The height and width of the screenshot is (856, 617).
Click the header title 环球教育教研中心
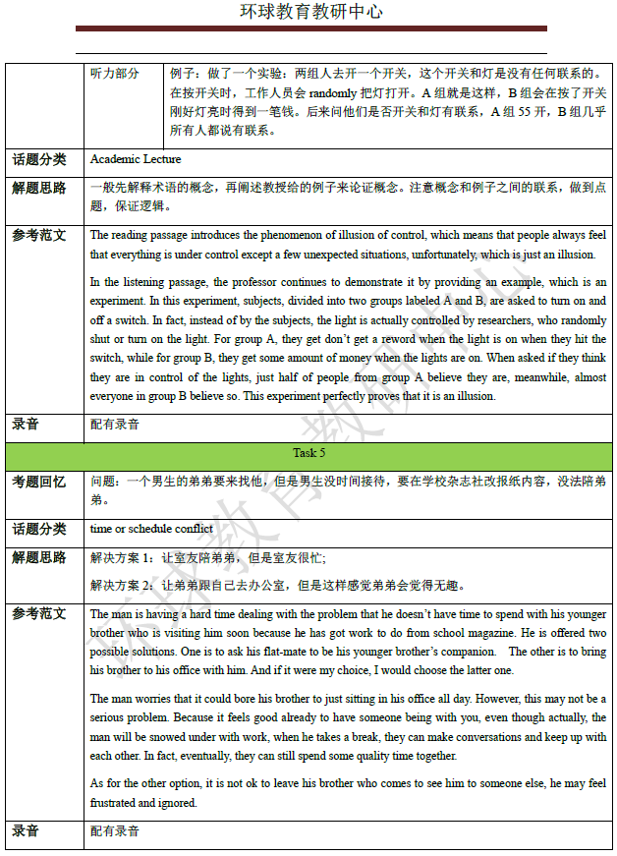click(311, 12)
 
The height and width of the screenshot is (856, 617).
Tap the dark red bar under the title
click(311, 29)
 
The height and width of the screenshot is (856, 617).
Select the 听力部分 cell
click(114, 74)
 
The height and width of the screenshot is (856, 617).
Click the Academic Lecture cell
click(136, 158)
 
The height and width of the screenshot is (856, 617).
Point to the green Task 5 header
click(308, 453)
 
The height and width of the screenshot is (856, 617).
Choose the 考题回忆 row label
click(39, 482)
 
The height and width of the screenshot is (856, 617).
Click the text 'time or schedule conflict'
click(151, 529)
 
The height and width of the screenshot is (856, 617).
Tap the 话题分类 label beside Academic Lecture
click(39, 159)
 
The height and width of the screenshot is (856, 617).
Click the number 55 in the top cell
click(532, 111)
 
